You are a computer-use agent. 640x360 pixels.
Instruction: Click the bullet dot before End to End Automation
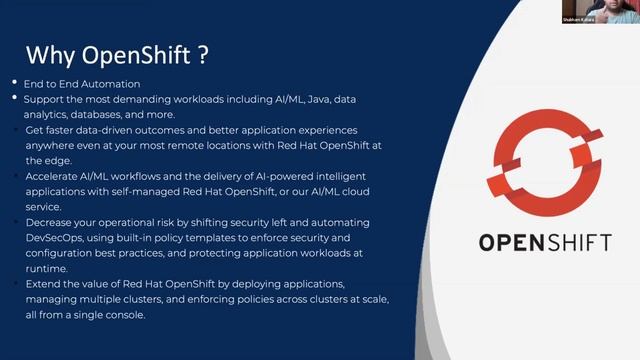click(x=14, y=83)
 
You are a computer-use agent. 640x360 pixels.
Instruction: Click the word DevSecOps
click(x=56, y=236)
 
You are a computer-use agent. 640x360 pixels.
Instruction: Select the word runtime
click(x=46, y=268)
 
